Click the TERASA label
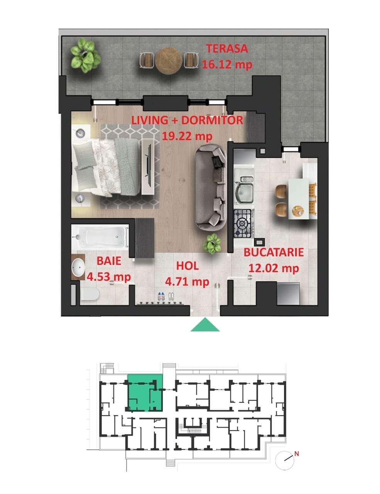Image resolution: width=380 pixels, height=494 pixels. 226,49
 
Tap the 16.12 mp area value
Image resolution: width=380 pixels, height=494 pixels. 227,64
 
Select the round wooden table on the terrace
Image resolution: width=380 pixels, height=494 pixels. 169,61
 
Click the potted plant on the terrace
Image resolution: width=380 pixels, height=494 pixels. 85,56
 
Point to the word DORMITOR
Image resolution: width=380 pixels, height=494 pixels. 212,120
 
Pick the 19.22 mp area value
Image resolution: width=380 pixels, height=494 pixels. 187,136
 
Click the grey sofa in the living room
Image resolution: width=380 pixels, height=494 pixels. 211,187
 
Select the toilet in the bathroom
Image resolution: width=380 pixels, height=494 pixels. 90,294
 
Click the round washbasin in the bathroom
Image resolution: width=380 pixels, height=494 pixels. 78,267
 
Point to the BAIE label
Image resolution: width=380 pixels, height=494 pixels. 109,261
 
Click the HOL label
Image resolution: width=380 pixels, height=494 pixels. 187,266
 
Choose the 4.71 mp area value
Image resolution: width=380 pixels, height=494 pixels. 187,282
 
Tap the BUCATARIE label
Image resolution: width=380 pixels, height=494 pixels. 274,252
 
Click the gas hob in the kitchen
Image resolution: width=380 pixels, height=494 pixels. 243,223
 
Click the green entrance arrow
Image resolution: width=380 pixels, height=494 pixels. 205,325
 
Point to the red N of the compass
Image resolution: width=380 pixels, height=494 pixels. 297,454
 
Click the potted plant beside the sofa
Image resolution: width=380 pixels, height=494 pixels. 212,244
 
